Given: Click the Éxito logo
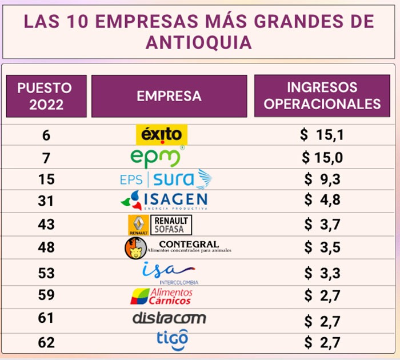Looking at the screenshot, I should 162,135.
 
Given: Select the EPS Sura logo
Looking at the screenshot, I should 166,179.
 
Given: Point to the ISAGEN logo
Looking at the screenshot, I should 164,201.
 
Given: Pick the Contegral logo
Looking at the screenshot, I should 178,247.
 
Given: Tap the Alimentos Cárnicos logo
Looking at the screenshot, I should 161,296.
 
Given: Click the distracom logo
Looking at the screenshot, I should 169,318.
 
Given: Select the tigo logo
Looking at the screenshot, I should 172,339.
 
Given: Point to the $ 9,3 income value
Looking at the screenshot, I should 322,179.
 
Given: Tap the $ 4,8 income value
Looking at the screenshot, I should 322,201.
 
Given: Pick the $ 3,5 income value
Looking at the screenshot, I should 322,247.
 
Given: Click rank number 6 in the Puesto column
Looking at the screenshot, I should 46,135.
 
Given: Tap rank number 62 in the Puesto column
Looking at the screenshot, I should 46,343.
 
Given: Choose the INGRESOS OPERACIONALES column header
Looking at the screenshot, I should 322,95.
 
